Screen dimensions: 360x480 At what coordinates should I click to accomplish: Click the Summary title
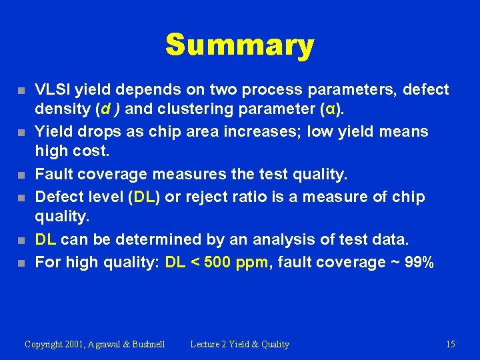pyautogui.click(x=239, y=45)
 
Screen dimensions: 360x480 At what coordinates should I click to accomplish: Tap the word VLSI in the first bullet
pyautogui.click(x=53, y=89)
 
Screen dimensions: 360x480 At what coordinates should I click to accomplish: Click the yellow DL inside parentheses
pyautogui.click(x=144, y=197)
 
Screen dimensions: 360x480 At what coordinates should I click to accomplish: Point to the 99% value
pyautogui.click(x=419, y=262)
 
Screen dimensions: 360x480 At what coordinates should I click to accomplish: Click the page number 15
pyautogui.click(x=451, y=344)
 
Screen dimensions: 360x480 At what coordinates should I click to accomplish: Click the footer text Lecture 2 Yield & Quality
pyautogui.click(x=240, y=344)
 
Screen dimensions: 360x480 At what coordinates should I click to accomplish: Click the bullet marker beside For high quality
pyautogui.click(x=22, y=263)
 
